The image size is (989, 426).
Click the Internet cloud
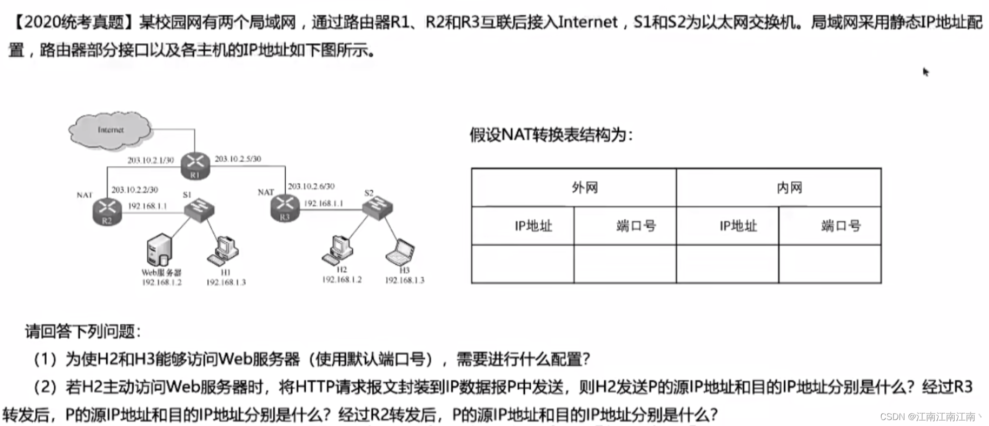[110, 130]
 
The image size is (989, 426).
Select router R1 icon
[195, 165]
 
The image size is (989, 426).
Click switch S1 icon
[199, 209]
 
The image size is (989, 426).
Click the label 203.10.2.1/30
[151, 160]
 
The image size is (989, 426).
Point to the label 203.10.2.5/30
[238, 159]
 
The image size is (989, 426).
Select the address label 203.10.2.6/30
[311, 186]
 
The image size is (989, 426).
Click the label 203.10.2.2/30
[135, 190]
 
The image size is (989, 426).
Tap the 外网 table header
[584, 188]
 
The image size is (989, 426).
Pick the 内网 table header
[789, 188]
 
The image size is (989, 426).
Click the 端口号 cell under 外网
[636, 226]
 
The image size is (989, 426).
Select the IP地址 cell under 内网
[738, 226]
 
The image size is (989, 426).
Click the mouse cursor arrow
[925, 71]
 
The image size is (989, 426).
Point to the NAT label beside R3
[266, 192]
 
